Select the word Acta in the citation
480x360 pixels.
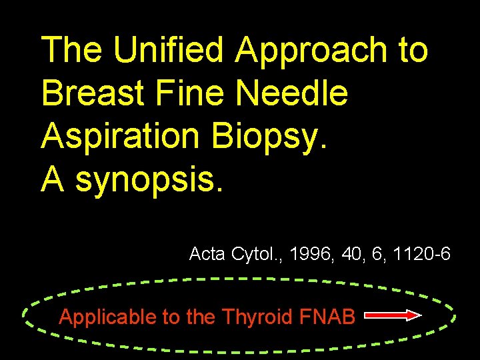click(207, 254)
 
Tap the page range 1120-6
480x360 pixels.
click(421, 254)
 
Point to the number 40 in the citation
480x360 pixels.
click(351, 254)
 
